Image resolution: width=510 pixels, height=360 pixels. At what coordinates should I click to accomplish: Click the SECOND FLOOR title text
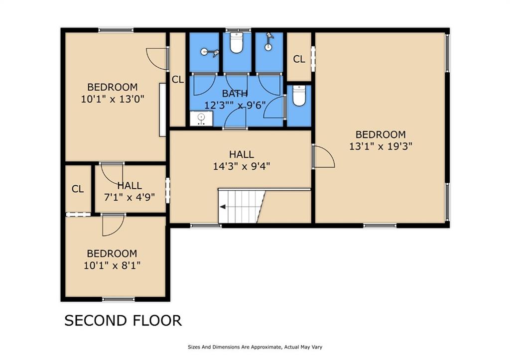point(123,320)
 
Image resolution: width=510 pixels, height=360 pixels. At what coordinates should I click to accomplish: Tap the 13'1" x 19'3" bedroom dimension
point(381,146)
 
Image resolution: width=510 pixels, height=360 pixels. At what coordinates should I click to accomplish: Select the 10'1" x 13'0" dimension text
point(113,99)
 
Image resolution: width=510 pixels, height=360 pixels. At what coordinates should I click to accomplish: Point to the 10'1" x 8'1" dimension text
point(112,265)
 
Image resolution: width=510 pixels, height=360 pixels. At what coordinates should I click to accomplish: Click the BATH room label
point(235,94)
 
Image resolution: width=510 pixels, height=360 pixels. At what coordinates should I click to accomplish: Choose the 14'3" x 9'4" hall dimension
point(242,166)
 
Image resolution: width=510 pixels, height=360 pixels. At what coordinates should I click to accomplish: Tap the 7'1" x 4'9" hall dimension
point(129,197)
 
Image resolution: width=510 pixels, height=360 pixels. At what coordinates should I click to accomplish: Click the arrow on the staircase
point(223,207)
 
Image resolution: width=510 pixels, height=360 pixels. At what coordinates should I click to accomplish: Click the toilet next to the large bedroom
point(299,95)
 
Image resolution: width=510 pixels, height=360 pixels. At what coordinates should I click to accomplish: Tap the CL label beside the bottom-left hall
point(78,189)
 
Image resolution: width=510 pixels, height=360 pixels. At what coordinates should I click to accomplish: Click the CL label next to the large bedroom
point(299,59)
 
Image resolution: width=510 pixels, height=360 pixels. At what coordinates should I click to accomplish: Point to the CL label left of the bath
point(178,79)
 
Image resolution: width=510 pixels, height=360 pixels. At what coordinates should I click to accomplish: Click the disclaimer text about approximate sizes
point(255,347)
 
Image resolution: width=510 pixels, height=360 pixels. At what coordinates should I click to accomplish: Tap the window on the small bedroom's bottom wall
point(119,299)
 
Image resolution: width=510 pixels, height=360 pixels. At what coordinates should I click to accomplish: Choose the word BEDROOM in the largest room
point(381,134)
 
